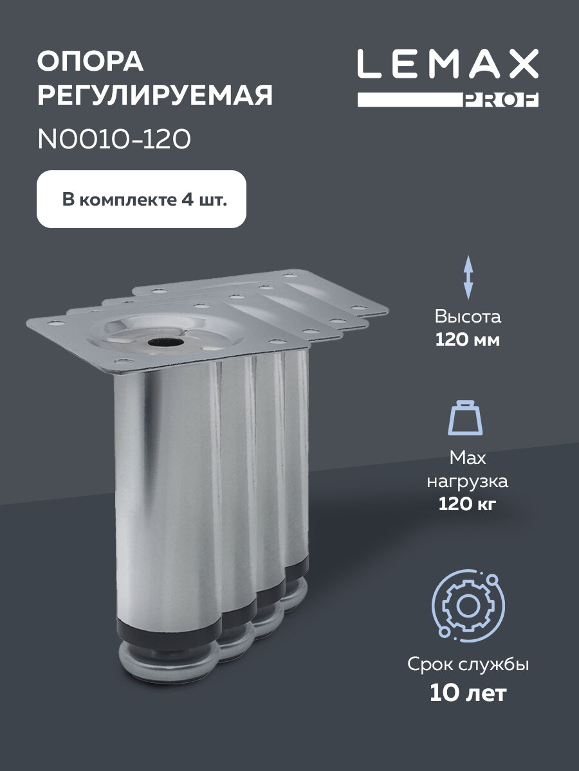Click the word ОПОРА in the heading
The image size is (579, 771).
(90, 63)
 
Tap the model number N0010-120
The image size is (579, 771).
(114, 139)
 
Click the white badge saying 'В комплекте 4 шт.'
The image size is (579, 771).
(142, 199)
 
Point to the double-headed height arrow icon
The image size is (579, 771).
(468, 277)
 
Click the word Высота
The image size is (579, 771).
(468, 317)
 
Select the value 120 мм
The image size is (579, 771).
(468, 340)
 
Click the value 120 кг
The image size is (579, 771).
(468, 504)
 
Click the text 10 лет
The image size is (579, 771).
(468, 693)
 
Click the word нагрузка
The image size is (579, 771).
(468, 481)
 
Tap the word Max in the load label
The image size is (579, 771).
(468, 458)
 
